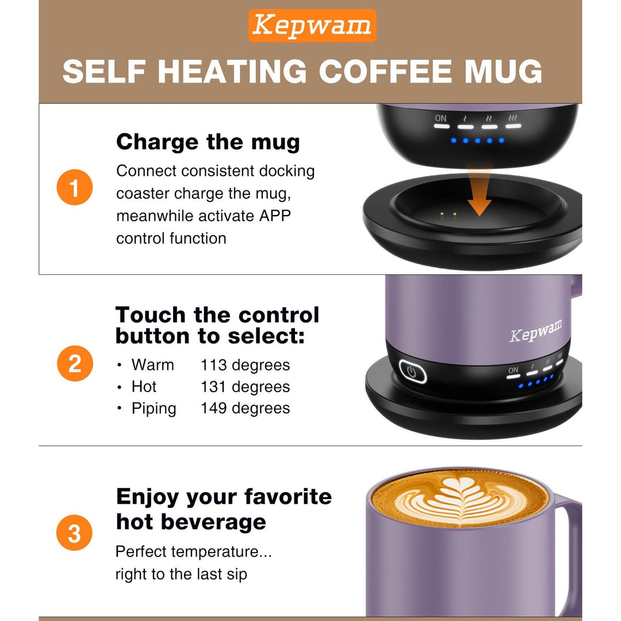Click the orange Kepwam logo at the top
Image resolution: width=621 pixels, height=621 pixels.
[x=312, y=26]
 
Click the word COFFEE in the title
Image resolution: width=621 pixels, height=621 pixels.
[x=396, y=72]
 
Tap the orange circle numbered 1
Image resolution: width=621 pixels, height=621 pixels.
[x=75, y=187]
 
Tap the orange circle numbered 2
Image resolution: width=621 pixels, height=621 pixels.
[x=75, y=364]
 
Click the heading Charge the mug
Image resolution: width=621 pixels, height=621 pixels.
[x=208, y=142]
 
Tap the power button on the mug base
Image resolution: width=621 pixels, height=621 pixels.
[x=412, y=371]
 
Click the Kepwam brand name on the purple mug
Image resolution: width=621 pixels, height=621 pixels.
[x=535, y=332]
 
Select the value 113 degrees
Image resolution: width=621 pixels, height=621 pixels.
[x=245, y=365]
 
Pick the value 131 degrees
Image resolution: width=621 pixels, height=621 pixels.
[x=245, y=387]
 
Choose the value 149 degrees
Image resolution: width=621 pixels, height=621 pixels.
[x=245, y=409]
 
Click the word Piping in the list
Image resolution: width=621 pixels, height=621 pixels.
[x=154, y=409]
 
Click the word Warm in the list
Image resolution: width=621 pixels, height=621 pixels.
[x=152, y=365]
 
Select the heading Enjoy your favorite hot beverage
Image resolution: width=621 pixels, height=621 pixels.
[x=224, y=509]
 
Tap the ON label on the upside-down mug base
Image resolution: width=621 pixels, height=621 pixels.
[x=440, y=118]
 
